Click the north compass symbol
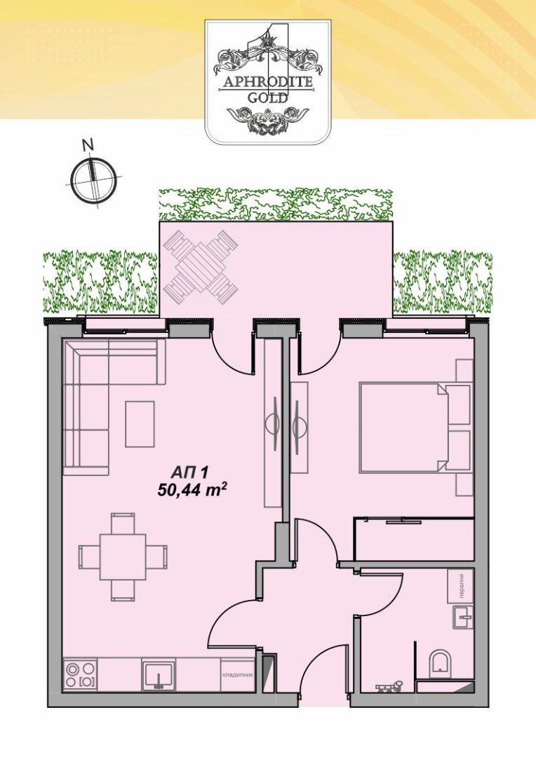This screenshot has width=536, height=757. click(93, 179)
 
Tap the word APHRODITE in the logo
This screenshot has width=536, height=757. click(267, 81)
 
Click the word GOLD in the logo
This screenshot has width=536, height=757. click(267, 97)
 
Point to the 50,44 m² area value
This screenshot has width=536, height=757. click(192, 490)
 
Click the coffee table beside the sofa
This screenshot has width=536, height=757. click(140, 424)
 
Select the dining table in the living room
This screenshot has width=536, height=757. click(123, 557)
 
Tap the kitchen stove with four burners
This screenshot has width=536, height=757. click(81, 675)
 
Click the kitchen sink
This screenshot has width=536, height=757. click(159, 675)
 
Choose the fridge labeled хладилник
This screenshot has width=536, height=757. click(237, 675)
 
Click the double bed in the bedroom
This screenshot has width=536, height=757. click(415, 427)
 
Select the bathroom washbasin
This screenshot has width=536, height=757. click(463, 617)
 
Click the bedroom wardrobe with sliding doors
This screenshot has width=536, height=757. click(414, 539)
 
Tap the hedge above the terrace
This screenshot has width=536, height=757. click(276, 204)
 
